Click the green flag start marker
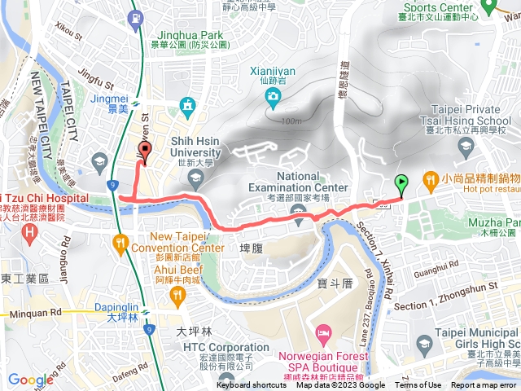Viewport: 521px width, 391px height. [x=401, y=183]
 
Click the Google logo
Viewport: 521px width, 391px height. [x=31, y=379]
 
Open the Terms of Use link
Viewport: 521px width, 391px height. [x=418, y=386]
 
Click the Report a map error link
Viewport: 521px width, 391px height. [x=484, y=386]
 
